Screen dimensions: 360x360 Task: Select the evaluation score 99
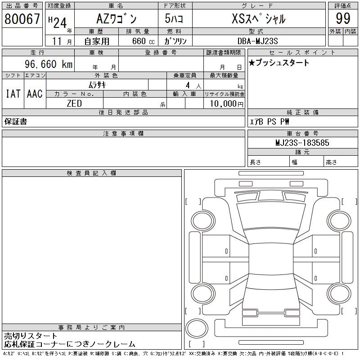pos(343,19)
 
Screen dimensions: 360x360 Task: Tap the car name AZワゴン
pos(116,19)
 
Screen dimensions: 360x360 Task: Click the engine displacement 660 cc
pos(141,41)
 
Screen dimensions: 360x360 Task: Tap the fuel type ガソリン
pos(175,41)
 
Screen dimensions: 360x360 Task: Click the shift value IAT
pos(13,94)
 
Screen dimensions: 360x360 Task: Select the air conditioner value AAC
pos(35,94)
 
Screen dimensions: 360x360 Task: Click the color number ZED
pos(74,103)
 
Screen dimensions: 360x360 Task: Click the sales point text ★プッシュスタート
pos(279,63)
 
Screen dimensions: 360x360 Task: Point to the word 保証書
pos(16,121)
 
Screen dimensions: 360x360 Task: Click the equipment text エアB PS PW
pos(270,121)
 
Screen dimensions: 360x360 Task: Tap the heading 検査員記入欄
pos(91,173)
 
